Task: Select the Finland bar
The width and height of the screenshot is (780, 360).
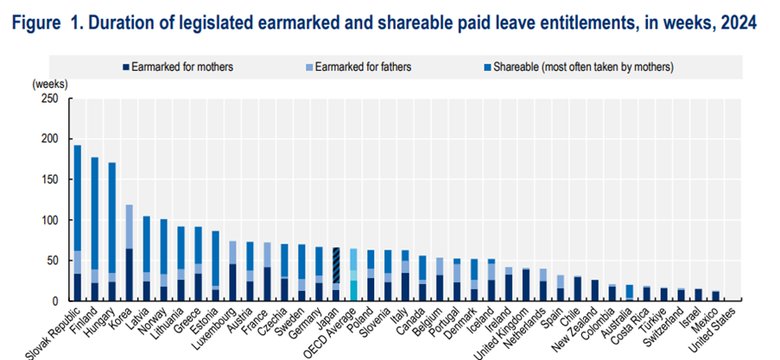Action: click(x=95, y=229)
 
